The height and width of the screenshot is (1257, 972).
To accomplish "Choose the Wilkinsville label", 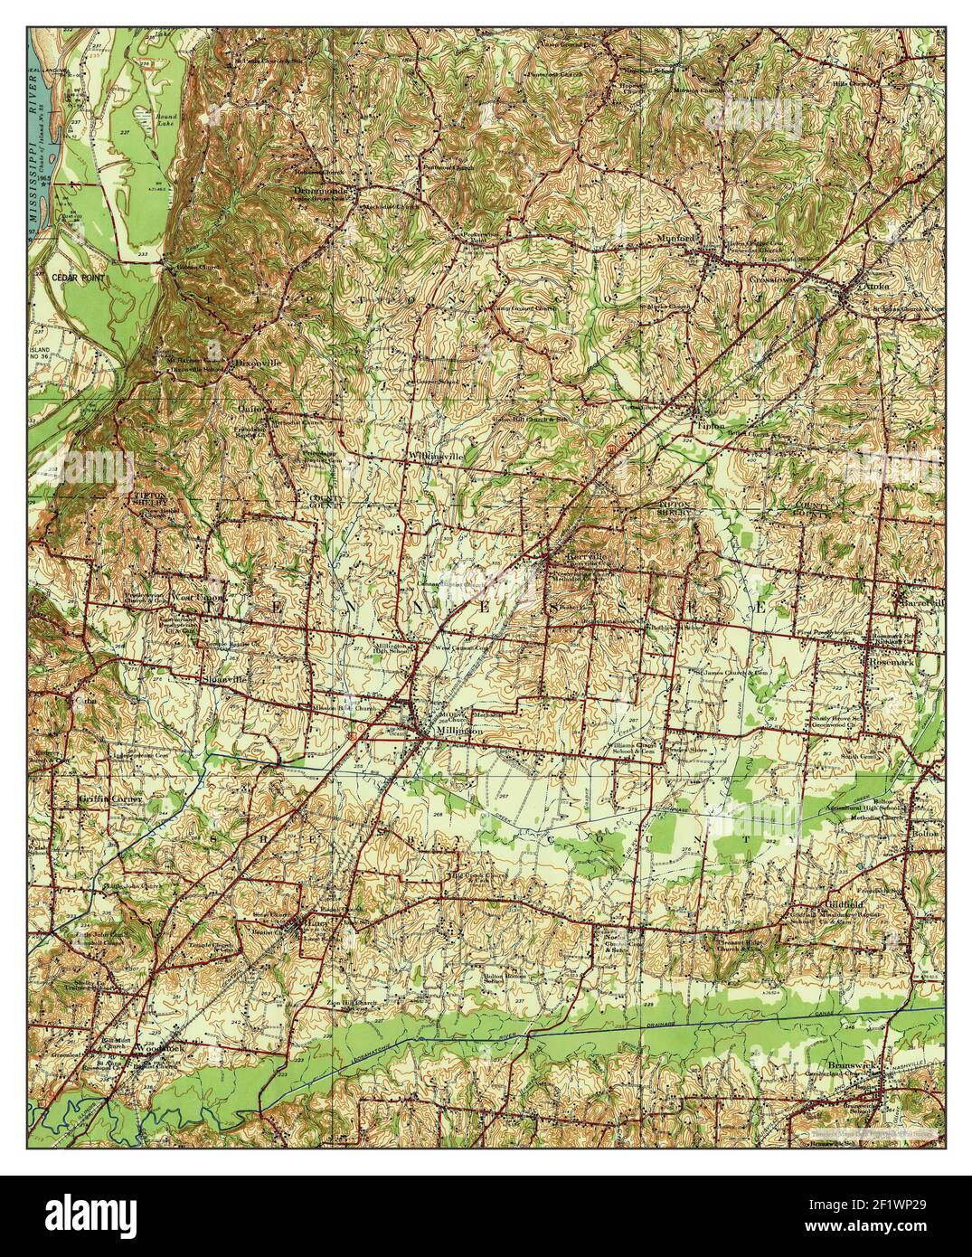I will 436,456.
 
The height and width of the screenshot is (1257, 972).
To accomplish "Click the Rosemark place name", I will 892,662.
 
